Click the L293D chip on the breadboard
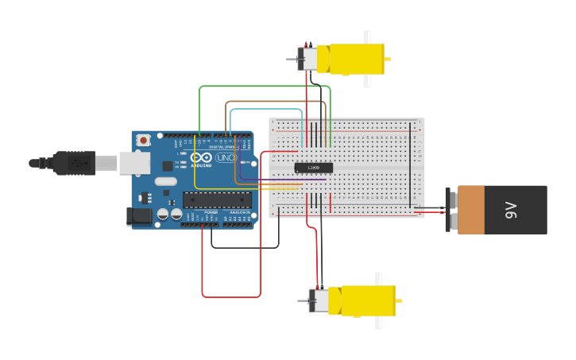[x=313, y=168]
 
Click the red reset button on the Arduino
[x=143, y=140]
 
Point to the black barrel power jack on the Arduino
[x=140, y=216]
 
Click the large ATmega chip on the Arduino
[x=217, y=200]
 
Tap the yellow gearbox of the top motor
[x=356, y=59]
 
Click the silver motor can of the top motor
[x=307, y=59]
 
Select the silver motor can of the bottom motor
[x=319, y=300]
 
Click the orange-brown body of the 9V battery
[x=471, y=210]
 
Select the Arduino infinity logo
[x=201, y=157]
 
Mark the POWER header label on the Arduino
[x=211, y=213]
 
